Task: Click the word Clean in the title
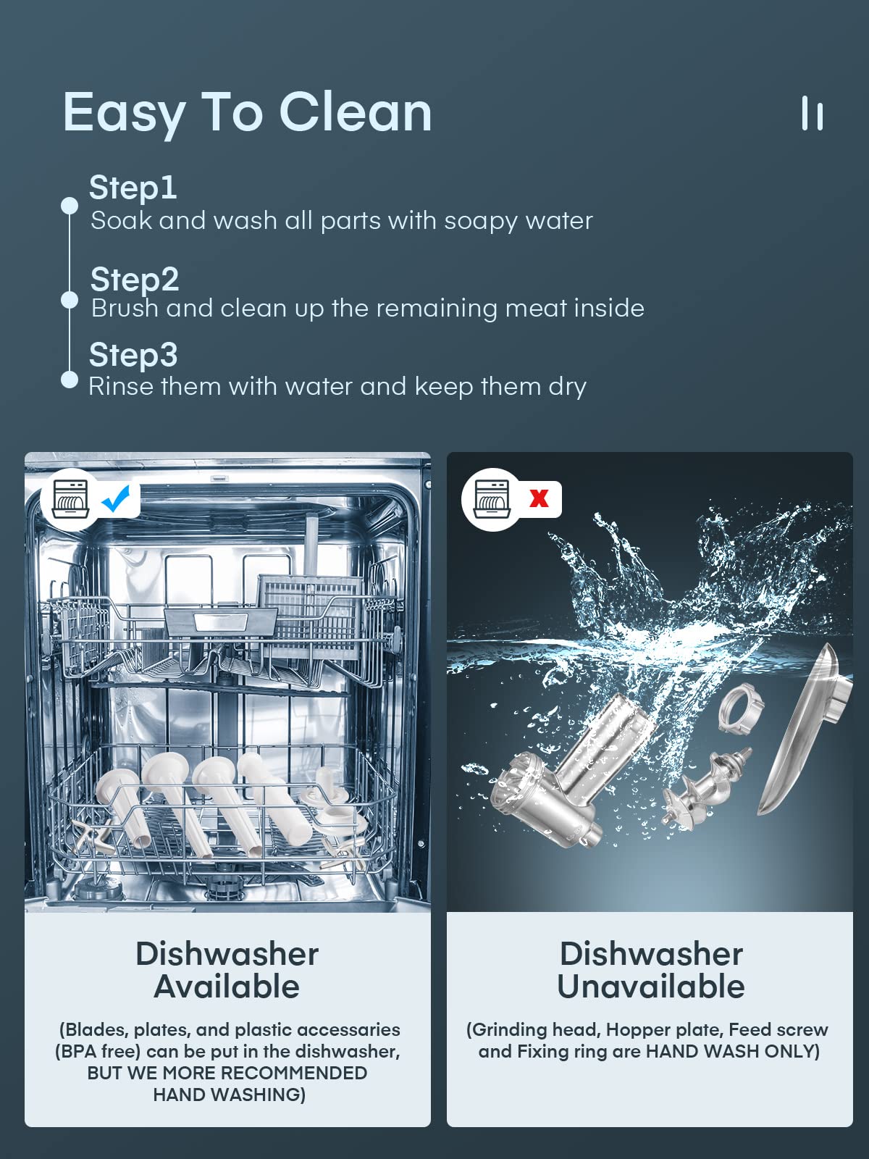pyautogui.click(x=355, y=112)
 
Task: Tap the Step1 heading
pyautogui.click(x=133, y=188)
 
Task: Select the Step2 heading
pyautogui.click(x=135, y=279)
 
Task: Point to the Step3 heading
pyautogui.click(x=133, y=355)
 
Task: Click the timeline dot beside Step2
pyautogui.click(x=70, y=299)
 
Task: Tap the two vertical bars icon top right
pyautogui.click(x=812, y=114)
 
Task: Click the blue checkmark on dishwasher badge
pyautogui.click(x=116, y=498)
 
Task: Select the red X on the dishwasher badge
pyautogui.click(x=539, y=498)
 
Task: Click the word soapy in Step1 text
pyautogui.click(x=480, y=220)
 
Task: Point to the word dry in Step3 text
pyautogui.click(x=567, y=386)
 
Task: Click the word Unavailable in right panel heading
pyautogui.click(x=650, y=987)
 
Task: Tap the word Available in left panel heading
pyautogui.click(x=227, y=987)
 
